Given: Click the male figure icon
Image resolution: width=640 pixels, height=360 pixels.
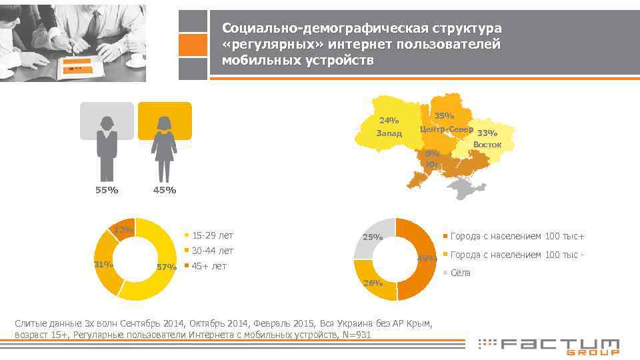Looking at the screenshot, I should click(107, 147).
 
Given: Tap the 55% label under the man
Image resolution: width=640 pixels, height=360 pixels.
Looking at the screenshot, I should click(107, 191).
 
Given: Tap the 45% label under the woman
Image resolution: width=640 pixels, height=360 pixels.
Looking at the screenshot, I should click(165, 191).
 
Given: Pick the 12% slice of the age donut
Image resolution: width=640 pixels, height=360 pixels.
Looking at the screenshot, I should click(123, 228).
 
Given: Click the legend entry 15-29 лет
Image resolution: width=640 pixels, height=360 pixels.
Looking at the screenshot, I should click(212, 235).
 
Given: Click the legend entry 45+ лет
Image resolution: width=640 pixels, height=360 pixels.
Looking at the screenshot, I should click(209, 266).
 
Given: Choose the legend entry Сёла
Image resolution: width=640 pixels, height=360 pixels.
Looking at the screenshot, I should click(461, 273).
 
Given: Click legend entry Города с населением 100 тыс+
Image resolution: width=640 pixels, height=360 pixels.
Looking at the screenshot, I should click(517, 236).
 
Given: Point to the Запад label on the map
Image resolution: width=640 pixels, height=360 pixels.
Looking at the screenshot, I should click(389, 133).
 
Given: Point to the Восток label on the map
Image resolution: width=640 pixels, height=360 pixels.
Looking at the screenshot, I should click(487, 145).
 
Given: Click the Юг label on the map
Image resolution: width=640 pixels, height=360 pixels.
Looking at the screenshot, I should click(432, 164).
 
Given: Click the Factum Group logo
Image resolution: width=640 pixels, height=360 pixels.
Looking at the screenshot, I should click(549, 345).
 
